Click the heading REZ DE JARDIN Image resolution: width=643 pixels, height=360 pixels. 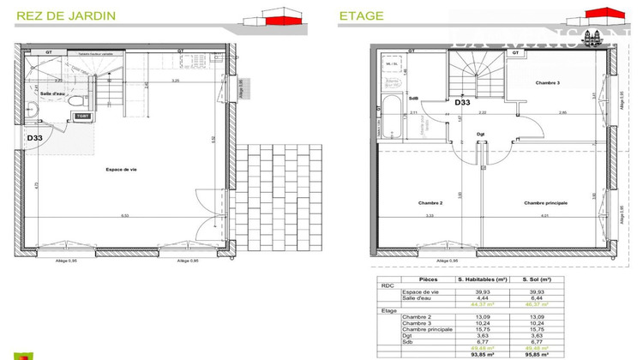(57, 15)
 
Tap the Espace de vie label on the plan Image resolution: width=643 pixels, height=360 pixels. (121, 170)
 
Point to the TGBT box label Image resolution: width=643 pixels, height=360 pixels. (82, 116)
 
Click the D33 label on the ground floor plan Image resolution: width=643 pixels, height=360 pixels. (34, 137)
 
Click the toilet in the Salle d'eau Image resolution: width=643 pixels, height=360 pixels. (30, 109)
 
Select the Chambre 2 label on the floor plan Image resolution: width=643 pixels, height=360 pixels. (430, 203)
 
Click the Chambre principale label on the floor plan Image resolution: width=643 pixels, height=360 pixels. (545, 203)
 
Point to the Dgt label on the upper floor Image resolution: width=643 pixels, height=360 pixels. (481, 133)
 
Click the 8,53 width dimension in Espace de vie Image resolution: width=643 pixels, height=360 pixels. (125, 216)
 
